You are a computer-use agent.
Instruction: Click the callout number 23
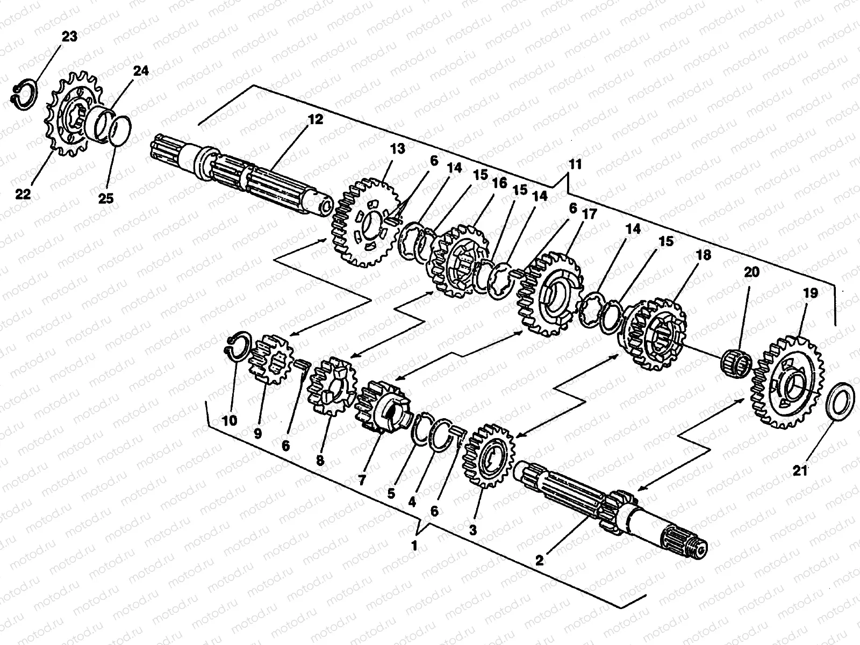(x=69, y=37)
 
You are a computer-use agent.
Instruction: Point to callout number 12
(x=315, y=119)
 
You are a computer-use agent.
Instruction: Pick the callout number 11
(x=576, y=164)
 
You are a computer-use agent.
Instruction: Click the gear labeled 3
(x=488, y=455)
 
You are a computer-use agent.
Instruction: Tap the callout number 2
(x=540, y=560)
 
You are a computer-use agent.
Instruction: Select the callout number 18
(x=704, y=254)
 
